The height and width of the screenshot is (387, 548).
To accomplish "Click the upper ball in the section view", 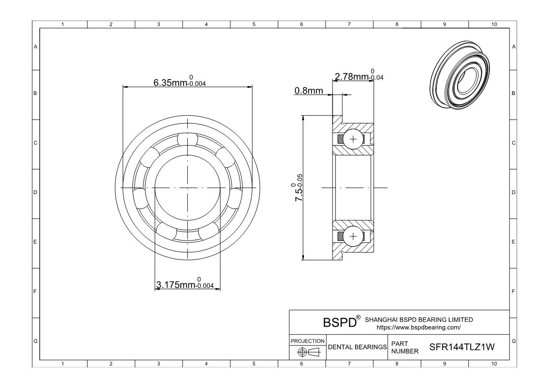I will (x=353, y=139).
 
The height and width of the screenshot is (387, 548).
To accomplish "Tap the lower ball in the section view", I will (x=353, y=236).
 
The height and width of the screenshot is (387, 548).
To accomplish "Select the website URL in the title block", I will (x=418, y=327).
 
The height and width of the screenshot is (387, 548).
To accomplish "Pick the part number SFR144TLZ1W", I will (x=462, y=348).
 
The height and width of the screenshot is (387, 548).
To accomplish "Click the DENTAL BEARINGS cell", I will (x=357, y=347).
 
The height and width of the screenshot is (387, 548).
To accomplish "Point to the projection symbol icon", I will (x=307, y=351).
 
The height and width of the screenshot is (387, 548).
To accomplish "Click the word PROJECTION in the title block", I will (x=307, y=341).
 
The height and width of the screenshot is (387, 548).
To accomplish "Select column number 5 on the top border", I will (x=254, y=24).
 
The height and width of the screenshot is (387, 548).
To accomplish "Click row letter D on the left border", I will (x=35, y=192).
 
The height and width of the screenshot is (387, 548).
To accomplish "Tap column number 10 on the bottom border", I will (x=493, y=364).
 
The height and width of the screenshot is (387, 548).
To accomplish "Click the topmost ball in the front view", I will (x=187, y=139).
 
